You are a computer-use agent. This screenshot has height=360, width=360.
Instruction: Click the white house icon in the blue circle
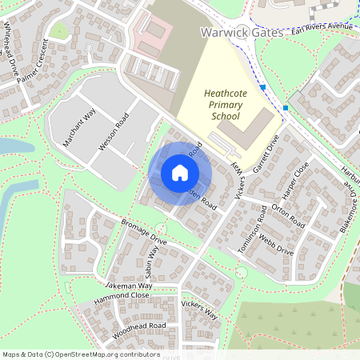(x=180, y=173)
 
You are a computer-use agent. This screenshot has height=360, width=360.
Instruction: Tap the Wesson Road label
(x=113, y=131)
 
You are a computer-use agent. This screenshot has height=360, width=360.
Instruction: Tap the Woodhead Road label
(x=139, y=328)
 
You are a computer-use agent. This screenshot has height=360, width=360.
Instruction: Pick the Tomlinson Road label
(x=253, y=230)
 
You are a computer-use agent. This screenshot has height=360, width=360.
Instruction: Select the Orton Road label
(x=288, y=213)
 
